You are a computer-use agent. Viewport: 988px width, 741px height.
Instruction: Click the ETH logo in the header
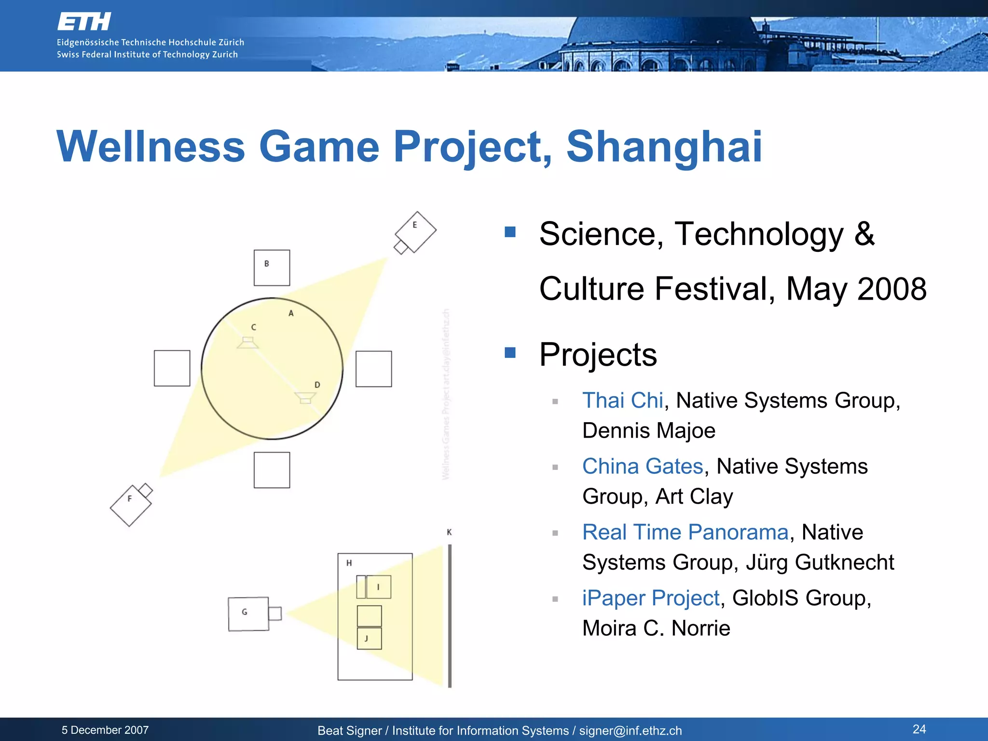(84, 22)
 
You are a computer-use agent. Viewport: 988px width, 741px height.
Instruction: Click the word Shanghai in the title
(664, 147)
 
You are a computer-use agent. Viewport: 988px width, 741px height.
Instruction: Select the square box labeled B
(272, 268)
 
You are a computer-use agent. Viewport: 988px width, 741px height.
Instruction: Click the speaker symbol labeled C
(247, 343)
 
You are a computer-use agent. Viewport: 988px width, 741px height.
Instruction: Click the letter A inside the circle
(291, 314)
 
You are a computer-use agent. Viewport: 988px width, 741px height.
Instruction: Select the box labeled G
(248, 614)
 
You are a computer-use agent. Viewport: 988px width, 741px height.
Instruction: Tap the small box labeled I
(378, 587)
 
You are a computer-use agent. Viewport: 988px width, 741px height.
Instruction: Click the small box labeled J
(369, 638)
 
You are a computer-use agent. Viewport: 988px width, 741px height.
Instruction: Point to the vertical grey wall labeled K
(450, 615)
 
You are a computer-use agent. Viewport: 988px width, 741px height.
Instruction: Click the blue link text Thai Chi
(622, 400)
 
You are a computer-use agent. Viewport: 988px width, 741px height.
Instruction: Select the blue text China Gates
(643, 467)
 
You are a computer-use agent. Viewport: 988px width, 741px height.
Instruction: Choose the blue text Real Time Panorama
(685, 532)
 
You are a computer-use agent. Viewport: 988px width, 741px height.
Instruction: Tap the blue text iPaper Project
(651, 598)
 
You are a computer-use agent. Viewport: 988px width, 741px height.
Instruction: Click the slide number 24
(919, 729)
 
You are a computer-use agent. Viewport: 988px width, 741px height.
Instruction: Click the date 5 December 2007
(105, 730)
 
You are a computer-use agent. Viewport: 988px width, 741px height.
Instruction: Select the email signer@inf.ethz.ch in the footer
(630, 731)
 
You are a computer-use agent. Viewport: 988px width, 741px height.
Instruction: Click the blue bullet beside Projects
(510, 353)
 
